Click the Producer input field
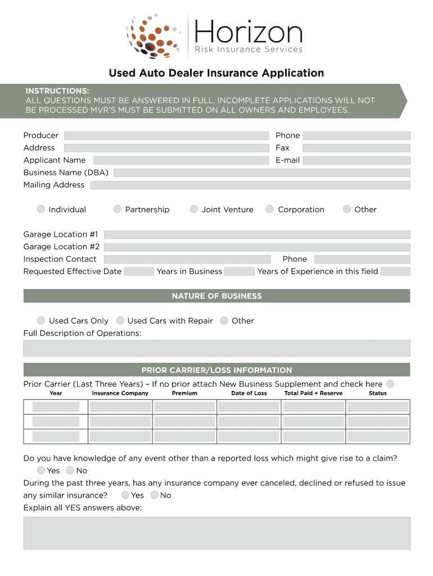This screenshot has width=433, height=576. (x=166, y=136)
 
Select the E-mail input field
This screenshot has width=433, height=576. (x=357, y=160)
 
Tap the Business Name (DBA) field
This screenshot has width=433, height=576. (x=261, y=173)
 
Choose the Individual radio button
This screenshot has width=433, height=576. (x=41, y=209)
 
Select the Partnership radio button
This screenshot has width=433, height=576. (x=118, y=209)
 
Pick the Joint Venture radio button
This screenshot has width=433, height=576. (x=194, y=209)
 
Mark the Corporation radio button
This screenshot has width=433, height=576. (x=270, y=209)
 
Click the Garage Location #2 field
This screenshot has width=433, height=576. (x=257, y=247)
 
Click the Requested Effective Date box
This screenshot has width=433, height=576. (x=138, y=272)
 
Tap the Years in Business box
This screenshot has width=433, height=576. (x=239, y=272)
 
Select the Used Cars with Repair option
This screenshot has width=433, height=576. (x=120, y=321)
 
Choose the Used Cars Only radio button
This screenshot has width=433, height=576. (x=41, y=321)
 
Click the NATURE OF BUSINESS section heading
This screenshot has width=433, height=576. (x=216, y=296)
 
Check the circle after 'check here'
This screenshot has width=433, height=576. (x=390, y=384)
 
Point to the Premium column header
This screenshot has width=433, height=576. (x=184, y=393)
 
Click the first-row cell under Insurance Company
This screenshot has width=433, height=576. (x=120, y=407)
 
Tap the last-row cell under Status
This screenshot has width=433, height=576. (x=378, y=436)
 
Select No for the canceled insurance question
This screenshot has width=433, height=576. (x=155, y=495)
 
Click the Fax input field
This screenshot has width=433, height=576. (x=357, y=148)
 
